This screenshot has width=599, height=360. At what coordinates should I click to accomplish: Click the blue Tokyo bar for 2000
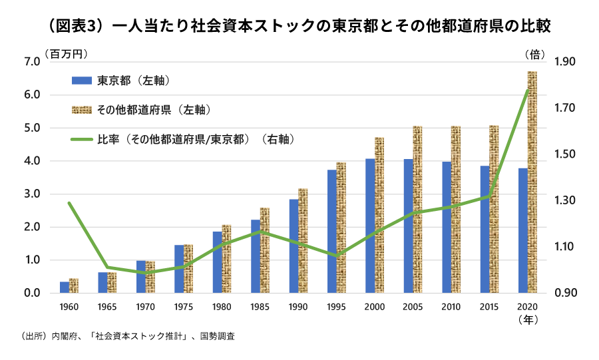point(370,226)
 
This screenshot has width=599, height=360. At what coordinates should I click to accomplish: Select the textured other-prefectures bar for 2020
point(532,183)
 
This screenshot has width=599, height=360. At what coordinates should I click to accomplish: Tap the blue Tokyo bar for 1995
point(331,232)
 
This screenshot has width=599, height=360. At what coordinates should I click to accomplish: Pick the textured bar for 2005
point(417,210)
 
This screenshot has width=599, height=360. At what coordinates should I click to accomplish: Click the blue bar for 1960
point(64,287)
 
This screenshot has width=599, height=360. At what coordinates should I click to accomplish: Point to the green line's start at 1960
point(69,203)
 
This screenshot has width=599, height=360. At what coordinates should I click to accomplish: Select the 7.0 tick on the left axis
point(32,62)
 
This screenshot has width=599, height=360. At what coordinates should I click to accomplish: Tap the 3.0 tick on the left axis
point(32,194)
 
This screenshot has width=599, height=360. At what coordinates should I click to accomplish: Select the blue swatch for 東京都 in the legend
point(81,81)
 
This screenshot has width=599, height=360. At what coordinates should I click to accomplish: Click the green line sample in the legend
point(81,140)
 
